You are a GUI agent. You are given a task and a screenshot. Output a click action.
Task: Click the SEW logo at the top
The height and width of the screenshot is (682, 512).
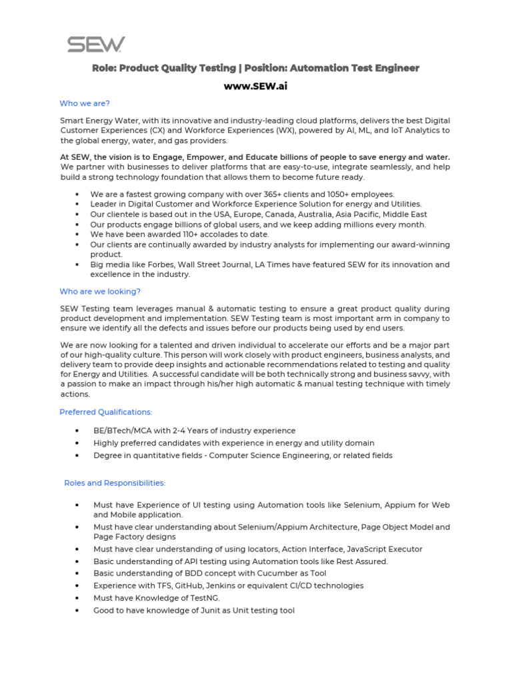point(95,45)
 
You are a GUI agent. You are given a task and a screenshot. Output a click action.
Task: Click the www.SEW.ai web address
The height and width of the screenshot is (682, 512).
point(255,86)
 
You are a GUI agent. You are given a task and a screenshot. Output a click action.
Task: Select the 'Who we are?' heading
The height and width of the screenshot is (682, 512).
point(85,103)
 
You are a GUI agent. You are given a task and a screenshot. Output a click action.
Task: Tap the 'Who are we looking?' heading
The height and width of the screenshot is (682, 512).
point(100,292)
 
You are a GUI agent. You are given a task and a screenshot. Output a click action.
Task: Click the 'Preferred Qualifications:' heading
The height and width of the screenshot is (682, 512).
point(106,412)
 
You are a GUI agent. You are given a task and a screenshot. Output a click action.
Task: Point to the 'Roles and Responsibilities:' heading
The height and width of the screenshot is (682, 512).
point(115,483)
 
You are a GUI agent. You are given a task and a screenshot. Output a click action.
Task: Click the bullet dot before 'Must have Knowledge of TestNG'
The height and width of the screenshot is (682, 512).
point(78,598)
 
